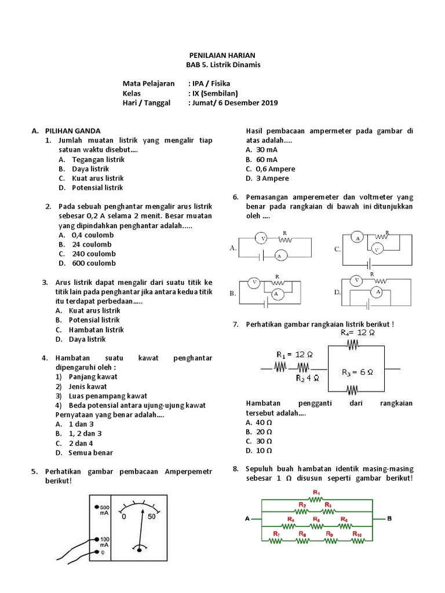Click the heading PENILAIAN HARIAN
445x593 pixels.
222,55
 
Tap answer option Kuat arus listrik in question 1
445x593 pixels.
98,178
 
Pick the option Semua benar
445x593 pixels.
91,452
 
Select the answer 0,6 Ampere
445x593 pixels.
275,169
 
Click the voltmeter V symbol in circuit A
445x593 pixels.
262,238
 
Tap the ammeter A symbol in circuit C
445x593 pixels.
358,238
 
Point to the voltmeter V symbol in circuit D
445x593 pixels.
358,280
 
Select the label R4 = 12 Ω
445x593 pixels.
358,333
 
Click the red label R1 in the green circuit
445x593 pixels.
316,492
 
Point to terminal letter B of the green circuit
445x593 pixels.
389,518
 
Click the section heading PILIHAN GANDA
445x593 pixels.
73,131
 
